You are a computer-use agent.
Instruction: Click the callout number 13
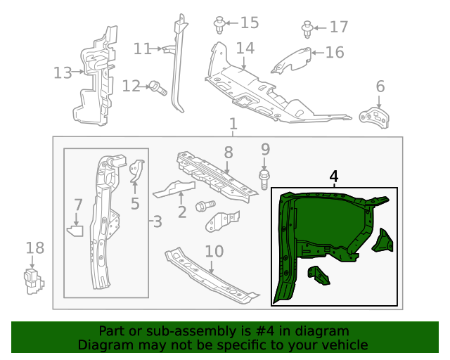(x=63, y=72)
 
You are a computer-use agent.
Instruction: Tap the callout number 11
(x=143, y=49)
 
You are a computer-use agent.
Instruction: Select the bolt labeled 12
(x=157, y=88)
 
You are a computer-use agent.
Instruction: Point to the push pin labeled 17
(x=307, y=29)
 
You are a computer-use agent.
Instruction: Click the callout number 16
(x=334, y=52)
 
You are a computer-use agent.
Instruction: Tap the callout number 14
(x=245, y=49)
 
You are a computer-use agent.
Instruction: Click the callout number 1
(x=233, y=124)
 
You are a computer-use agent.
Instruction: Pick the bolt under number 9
(x=265, y=177)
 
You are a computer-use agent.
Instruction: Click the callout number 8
(x=228, y=152)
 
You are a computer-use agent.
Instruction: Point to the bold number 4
(x=333, y=176)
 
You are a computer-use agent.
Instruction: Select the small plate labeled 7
(x=75, y=229)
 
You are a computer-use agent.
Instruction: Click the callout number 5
(x=135, y=205)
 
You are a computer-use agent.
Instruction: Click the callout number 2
(x=181, y=210)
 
